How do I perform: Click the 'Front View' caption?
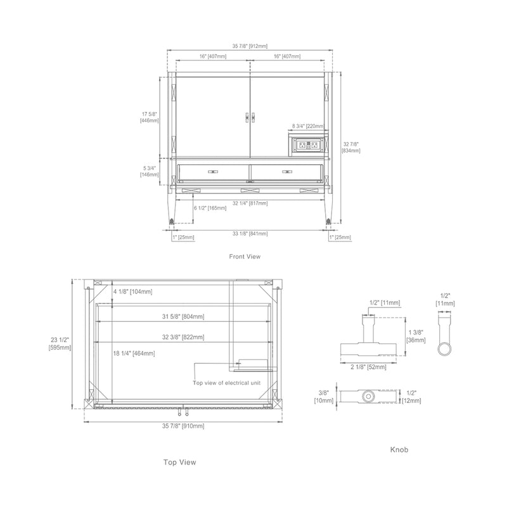245,257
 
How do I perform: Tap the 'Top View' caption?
179,462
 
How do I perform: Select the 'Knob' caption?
399,449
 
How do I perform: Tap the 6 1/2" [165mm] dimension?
210,208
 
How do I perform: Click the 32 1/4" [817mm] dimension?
250,203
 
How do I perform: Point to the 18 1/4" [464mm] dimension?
134,353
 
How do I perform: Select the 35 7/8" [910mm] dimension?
184,426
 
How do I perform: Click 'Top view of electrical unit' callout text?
226,383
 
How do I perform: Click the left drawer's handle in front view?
212,171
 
